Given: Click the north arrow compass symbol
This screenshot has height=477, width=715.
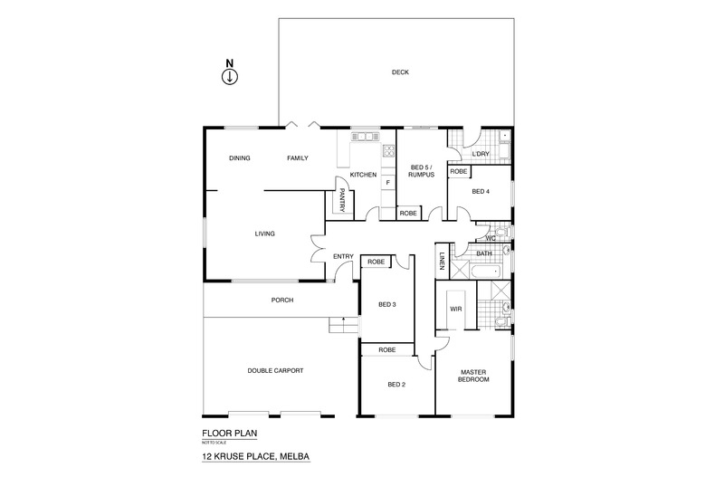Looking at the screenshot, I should (230, 76).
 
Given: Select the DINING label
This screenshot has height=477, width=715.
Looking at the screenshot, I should (239, 158).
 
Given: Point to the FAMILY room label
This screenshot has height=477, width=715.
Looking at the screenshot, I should (297, 158).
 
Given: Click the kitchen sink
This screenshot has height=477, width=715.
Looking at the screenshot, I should (365, 138).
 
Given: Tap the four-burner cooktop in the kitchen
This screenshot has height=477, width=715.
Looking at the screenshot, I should (389, 151).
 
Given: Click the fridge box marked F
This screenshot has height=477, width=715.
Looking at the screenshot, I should (388, 183).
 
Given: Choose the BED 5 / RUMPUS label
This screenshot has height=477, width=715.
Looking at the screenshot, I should (422, 171).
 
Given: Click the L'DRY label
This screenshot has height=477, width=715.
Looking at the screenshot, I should (481, 154).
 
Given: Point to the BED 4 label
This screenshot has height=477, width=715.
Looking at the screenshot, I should (481, 191).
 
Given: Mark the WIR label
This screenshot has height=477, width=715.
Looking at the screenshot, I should (455, 309).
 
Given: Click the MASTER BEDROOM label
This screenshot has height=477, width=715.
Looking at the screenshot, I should (473, 376).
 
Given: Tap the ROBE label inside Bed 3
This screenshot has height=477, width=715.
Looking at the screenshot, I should (376, 262).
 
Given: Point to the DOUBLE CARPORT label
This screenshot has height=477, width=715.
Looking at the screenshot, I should (275, 370).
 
